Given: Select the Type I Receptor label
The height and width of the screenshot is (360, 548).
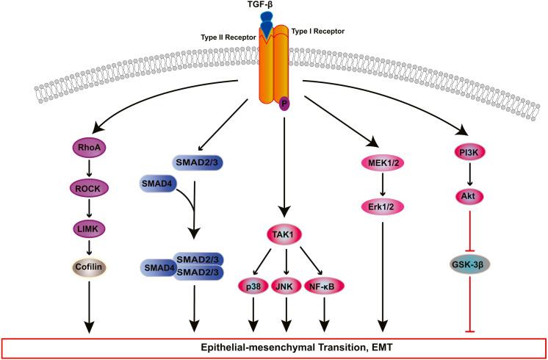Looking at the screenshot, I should (x=318, y=31).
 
